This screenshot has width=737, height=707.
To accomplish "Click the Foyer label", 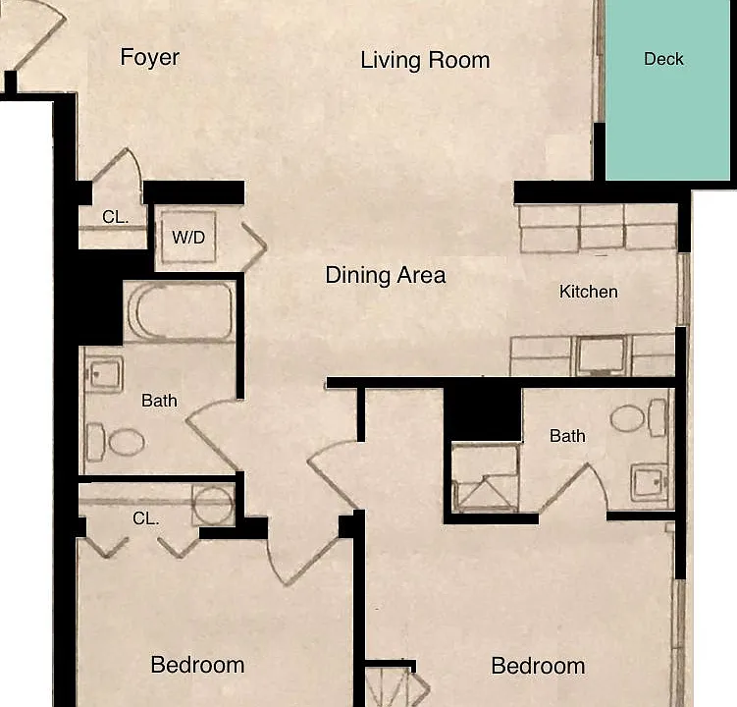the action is coord(149,57).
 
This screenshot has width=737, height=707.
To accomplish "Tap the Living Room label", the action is coord(425,60).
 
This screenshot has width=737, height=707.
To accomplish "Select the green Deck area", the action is coord(667,89).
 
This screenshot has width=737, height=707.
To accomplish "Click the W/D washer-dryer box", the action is coord(188,237).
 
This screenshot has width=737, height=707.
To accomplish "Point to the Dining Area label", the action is coord(386,275).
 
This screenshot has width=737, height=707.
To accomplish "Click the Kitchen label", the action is coord(589,292).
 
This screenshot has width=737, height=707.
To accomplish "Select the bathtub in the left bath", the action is coord(180,311).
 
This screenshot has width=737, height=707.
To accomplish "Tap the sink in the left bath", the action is coord(104,374).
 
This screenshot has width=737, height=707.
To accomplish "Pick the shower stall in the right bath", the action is coord(485,477).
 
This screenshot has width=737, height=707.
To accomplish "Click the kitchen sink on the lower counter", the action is coord(602,354).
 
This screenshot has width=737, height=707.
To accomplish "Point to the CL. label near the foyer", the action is coord(115,217).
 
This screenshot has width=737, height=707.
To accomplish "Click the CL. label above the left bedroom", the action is coord(145,518).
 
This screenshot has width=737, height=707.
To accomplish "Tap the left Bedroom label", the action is coord(197,665).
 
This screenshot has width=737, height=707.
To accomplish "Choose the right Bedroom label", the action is coord(538,666).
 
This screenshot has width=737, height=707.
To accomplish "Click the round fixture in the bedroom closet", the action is coord(213,505).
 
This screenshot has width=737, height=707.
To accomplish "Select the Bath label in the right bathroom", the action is coord(567,436).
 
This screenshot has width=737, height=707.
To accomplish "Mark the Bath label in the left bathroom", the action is coord(159,401).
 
